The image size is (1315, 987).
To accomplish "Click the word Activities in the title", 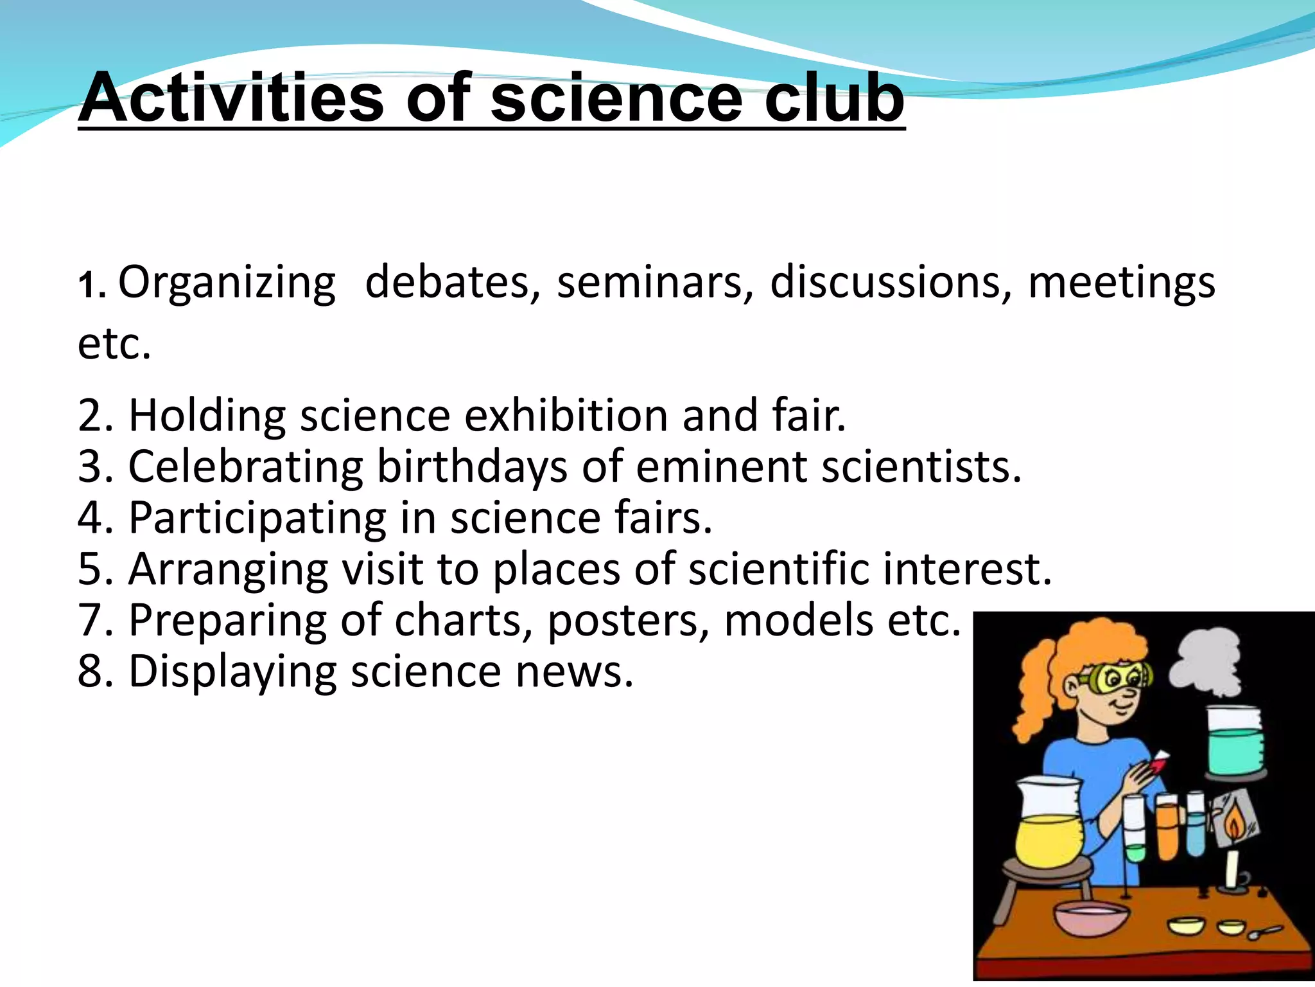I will point(231,98).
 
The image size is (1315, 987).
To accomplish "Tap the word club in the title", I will point(833,98).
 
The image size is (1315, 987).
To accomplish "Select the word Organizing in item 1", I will point(227,283).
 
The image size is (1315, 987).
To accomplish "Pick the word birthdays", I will point(472,467).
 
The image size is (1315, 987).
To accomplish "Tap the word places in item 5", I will point(557,569).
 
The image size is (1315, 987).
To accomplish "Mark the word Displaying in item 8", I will point(232,673).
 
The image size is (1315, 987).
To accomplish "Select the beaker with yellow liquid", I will point(1049,826).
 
